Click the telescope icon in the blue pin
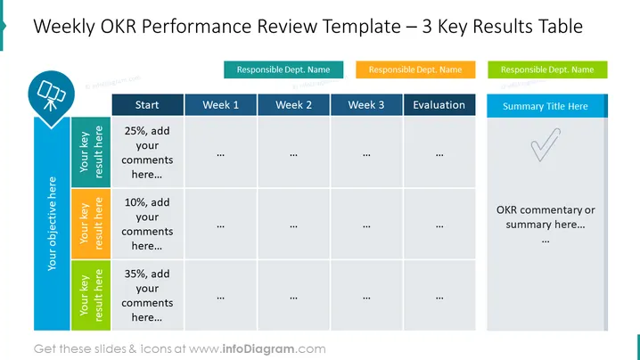pyautogui.click(x=51, y=95)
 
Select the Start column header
pyautogui.click(x=147, y=105)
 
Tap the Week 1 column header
pyautogui.click(x=221, y=105)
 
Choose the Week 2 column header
pyautogui.click(x=293, y=105)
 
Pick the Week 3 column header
pyautogui.click(x=366, y=105)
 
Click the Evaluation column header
pyautogui.click(x=439, y=105)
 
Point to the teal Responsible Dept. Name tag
pyautogui.click(x=283, y=70)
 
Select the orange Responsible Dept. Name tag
pyautogui.click(x=415, y=70)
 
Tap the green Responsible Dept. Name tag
pyautogui.click(x=547, y=70)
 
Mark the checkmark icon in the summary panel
pyautogui.click(x=546, y=144)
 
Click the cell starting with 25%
pyautogui.click(x=147, y=152)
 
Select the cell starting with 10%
pyautogui.click(x=147, y=224)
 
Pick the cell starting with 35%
pyautogui.click(x=147, y=295)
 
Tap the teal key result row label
pyautogui.click(x=91, y=152)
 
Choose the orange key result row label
pyautogui.click(x=91, y=224)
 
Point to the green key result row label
pyautogui.click(x=91, y=295)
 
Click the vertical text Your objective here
pyautogui.click(x=52, y=224)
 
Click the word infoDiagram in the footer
pyautogui.click(x=258, y=349)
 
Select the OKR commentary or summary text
pyautogui.click(x=546, y=217)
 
